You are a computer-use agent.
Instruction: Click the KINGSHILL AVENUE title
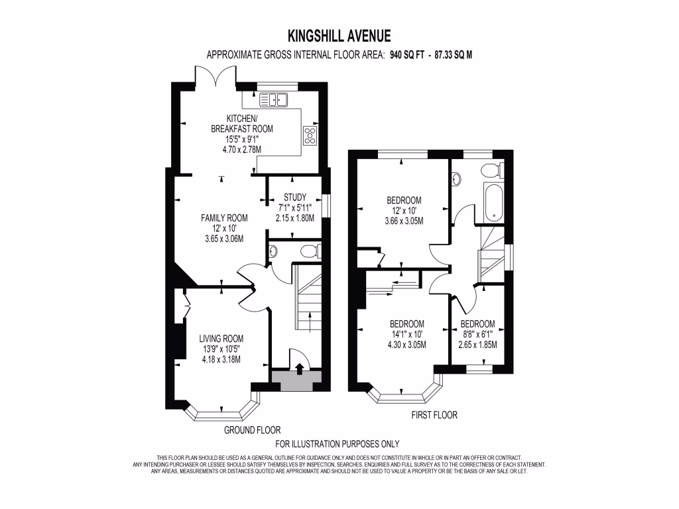click(339, 36)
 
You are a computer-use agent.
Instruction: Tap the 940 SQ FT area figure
click(407, 55)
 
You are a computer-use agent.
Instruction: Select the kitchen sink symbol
click(273, 99)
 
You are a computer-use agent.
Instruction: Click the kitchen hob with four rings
click(310, 135)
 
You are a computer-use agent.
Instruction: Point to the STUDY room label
click(295, 198)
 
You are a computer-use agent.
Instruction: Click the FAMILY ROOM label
click(224, 218)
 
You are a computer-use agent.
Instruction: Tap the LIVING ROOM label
click(221, 339)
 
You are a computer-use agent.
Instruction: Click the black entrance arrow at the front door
click(299, 368)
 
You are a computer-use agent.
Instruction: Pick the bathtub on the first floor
click(493, 203)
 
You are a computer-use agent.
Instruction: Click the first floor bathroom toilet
click(493, 170)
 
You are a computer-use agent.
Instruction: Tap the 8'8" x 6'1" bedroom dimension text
click(477, 335)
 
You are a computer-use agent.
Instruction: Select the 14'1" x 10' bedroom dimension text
click(406, 335)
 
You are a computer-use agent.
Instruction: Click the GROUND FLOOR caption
click(253, 430)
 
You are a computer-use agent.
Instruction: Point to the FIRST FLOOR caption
click(434, 415)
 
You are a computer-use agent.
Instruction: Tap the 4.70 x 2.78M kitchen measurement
click(241, 150)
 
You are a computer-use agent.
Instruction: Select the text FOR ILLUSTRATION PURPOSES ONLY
click(338, 444)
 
